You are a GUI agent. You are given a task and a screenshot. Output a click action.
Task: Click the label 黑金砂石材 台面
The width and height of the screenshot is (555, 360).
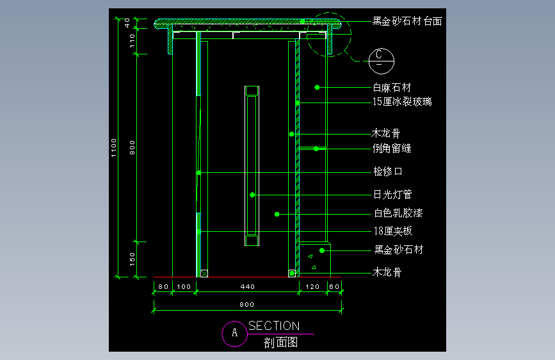point(407,21)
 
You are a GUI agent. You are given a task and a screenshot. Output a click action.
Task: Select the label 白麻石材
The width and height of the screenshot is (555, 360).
point(392,88)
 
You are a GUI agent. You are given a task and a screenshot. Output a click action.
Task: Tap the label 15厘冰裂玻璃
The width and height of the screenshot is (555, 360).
point(402,102)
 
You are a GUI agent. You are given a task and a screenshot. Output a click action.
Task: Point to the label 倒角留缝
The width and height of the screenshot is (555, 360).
point(392,148)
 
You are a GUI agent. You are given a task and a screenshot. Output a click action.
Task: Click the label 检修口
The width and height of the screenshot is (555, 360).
point(388,172)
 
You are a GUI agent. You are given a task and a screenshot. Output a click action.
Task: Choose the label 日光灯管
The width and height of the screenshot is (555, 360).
point(392,194)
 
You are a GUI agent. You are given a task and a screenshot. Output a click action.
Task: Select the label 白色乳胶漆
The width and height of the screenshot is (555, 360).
point(399,213)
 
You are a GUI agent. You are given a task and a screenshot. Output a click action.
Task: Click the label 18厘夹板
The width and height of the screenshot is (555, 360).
point(393,231)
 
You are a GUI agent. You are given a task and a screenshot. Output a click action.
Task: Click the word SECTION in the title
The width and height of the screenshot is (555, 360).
point(274,325)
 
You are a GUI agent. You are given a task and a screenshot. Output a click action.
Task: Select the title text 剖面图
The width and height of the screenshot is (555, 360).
point(280,342)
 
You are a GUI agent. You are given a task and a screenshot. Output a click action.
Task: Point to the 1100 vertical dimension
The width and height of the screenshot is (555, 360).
point(113,148)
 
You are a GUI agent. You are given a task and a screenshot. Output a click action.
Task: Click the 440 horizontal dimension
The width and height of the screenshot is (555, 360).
point(248,286)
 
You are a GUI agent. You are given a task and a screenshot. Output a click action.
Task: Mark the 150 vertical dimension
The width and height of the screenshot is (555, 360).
point(132,259)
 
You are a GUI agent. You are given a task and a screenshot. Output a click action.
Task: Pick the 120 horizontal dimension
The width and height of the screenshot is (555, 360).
point(312,286)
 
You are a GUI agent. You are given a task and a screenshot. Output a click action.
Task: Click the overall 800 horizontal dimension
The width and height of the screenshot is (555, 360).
point(246,304)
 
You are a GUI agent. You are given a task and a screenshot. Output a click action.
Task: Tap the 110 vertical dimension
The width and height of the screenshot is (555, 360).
point(132,41)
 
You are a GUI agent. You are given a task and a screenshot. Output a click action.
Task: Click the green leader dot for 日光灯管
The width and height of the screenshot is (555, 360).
point(252,195)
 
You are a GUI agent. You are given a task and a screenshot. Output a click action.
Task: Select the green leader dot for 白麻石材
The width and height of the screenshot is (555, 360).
point(317,88)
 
